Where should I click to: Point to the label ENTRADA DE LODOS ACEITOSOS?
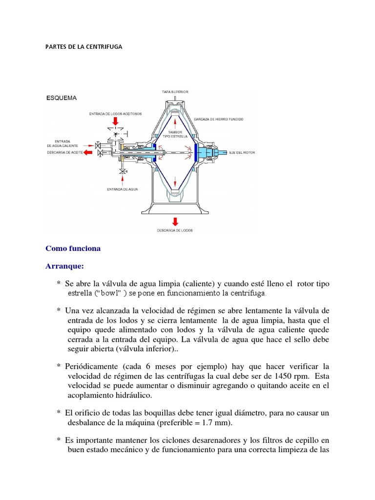click(x=115, y=114)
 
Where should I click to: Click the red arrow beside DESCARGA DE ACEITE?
click(x=89, y=152)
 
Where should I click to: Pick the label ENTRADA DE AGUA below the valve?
click(x=120, y=187)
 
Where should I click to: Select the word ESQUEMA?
click(x=61, y=98)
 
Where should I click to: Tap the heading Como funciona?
click(x=73, y=248)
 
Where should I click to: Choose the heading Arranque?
click(x=64, y=267)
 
